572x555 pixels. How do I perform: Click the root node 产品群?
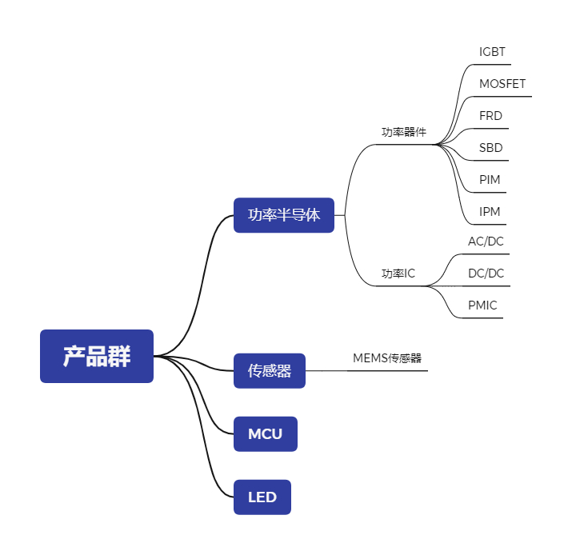pyautogui.click(x=97, y=356)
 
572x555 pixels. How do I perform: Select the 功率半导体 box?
pyautogui.click(x=283, y=215)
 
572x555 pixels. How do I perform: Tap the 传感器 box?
pyautogui.click(x=269, y=371)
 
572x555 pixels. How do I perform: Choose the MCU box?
pyautogui.click(x=265, y=434)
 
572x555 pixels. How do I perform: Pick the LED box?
pyautogui.click(x=262, y=497)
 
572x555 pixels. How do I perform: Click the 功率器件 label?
pyautogui.click(x=403, y=132)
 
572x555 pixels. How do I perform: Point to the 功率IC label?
pyautogui.click(x=398, y=274)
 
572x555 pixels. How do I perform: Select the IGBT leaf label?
pyautogui.click(x=492, y=53)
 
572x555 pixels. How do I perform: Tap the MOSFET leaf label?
pyautogui.click(x=502, y=84)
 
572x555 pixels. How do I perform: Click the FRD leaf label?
pyautogui.click(x=490, y=116)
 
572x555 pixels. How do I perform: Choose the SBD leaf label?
pyautogui.click(x=490, y=148)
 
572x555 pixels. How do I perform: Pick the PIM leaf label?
pyautogui.click(x=490, y=180)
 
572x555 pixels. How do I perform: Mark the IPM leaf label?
pyautogui.click(x=490, y=212)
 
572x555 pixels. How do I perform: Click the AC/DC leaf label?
pyautogui.click(x=486, y=242)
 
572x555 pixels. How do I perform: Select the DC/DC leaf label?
pyautogui.click(x=486, y=274)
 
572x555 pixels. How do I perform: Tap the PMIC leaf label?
pyautogui.click(x=482, y=305)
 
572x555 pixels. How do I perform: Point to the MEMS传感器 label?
pyautogui.click(x=387, y=358)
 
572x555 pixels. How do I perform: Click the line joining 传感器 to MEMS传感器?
pyautogui.click(x=328, y=371)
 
